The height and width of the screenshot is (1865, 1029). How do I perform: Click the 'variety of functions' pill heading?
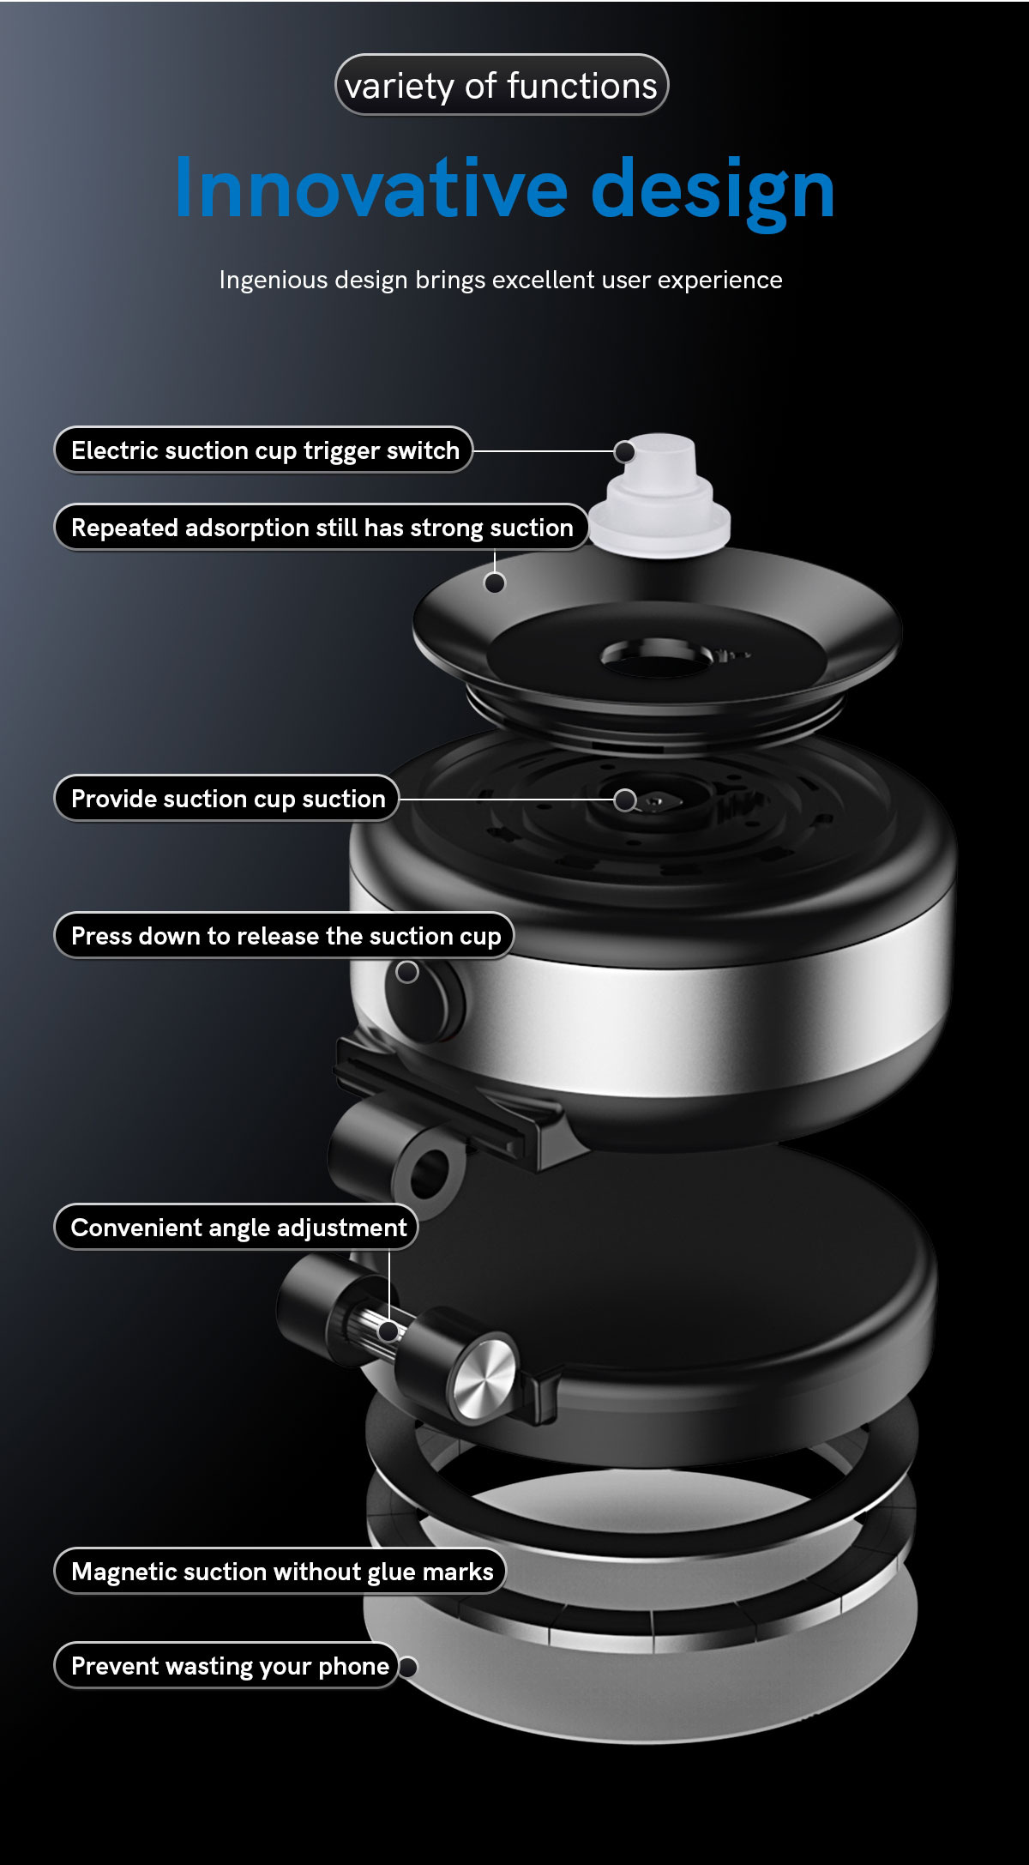pos(501,85)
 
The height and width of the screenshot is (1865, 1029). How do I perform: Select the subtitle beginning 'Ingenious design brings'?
pos(501,281)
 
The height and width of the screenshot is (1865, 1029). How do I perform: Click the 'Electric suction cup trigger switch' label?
pos(264,450)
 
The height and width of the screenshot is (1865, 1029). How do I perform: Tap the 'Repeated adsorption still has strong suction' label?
pos(322,528)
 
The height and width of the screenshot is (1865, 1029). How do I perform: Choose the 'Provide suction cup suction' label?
pos(227,799)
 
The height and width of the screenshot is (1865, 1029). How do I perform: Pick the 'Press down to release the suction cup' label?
pos(285,936)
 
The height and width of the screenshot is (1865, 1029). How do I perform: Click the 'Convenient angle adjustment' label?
pos(238,1228)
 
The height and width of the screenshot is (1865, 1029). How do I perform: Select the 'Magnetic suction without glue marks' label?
pos(281,1572)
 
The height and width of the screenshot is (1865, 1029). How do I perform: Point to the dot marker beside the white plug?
pos(625,451)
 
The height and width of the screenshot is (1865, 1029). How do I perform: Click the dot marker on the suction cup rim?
pos(495,583)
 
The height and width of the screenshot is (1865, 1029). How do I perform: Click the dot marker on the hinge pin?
pos(388,1331)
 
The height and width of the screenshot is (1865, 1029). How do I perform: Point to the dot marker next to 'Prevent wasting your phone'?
pos(408,1667)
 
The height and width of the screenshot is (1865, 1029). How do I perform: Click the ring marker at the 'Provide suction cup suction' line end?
pos(625,800)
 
